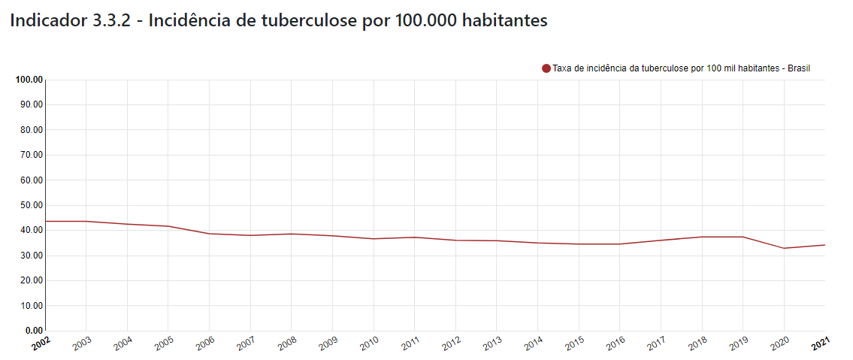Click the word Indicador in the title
tap(48, 21)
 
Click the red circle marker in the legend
tap(546, 68)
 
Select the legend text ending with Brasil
tap(681, 68)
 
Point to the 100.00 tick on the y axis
tap(29, 80)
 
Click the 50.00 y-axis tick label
tap(32, 205)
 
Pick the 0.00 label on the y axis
tap(34, 331)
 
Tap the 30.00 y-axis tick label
tap(32, 256)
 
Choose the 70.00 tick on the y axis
tap(32, 155)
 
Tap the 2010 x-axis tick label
tap(368, 344)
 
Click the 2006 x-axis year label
tap(204, 344)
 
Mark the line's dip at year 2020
tap(785, 248)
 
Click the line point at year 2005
tap(168, 226)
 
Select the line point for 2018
tap(702, 237)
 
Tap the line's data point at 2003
tap(86, 221)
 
